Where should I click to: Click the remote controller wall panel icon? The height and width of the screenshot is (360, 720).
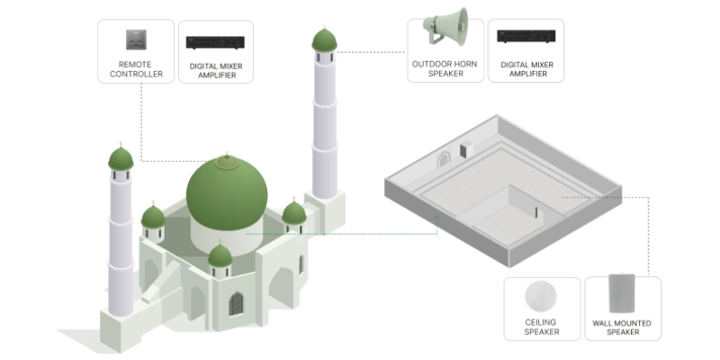137,40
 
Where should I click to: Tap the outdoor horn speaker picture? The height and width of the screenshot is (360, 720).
445,27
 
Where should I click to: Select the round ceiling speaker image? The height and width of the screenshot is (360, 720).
541,296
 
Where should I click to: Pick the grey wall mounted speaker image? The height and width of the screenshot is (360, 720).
622,293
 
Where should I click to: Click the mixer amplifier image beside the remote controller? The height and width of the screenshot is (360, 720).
215,42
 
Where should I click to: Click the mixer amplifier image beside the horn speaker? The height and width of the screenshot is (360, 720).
526,36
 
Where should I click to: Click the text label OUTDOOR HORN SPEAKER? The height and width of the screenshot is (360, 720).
445,69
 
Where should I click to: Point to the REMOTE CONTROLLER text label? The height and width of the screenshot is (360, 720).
136,69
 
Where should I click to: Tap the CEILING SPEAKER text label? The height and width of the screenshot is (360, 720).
542,327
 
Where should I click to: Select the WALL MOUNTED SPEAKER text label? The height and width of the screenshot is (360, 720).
622,328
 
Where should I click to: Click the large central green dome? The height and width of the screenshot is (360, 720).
227,193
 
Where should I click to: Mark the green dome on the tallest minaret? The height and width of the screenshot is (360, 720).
325,40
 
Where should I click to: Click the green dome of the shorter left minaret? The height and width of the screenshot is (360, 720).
121,158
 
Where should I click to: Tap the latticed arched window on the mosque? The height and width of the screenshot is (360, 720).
236,304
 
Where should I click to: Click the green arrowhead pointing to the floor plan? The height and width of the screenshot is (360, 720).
437,219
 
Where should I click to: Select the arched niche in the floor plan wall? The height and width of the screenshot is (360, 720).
444,161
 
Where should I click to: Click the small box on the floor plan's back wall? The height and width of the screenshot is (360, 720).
466,149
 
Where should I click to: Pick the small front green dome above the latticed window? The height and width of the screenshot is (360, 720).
220,256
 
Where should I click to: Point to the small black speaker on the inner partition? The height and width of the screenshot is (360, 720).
535,212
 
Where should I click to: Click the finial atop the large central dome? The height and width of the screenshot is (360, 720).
227,156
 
